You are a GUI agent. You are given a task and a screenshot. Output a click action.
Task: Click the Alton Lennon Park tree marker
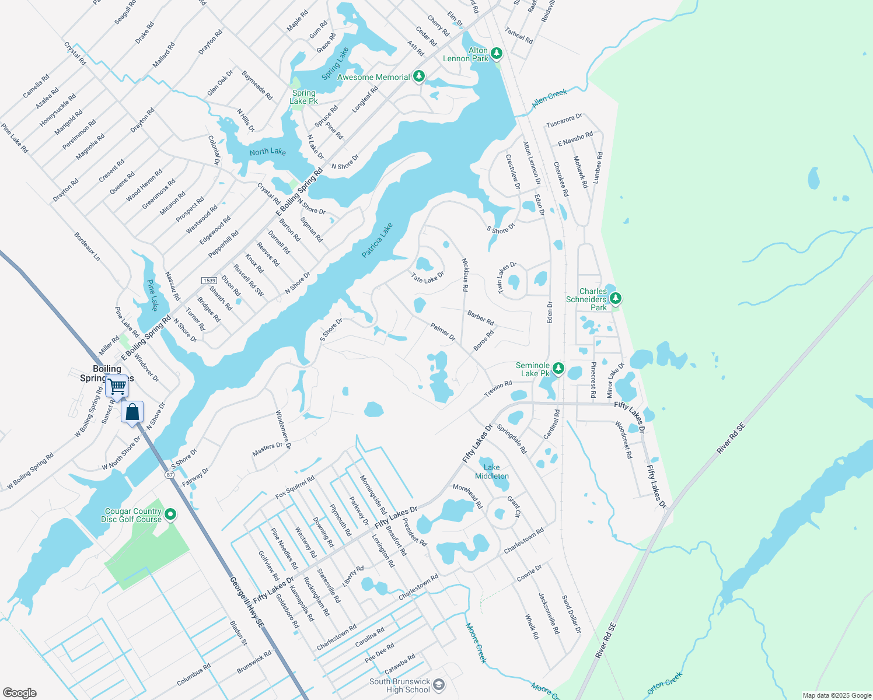(496, 54)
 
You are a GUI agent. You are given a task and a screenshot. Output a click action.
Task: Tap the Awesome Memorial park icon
(418, 76)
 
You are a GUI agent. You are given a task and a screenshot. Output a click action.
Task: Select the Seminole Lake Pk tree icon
(558, 368)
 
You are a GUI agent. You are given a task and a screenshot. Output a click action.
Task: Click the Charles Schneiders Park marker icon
(614, 299)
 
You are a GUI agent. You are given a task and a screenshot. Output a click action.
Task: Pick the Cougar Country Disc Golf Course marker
(170, 514)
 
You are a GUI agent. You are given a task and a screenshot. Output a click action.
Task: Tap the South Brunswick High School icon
(439, 685)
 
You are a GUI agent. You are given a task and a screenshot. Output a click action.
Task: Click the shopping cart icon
(117, 386)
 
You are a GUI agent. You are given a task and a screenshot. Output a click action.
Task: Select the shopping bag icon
(132, 412)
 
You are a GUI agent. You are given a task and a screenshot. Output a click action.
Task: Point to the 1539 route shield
(209, 281)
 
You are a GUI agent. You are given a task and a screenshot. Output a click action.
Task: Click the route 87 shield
(169, 475)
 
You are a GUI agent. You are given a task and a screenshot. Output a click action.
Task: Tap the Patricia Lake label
(377, 240)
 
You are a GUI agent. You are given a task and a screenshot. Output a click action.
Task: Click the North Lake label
(267, 152)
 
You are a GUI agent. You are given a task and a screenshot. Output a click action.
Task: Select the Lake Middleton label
(491, 471)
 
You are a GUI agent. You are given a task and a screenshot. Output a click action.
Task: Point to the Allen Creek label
(549, 98)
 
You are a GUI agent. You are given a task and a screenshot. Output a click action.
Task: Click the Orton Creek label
(665, 683)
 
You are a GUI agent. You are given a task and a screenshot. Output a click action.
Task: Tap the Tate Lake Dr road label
(427, 278)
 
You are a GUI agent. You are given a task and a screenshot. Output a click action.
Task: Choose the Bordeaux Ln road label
(87, 247)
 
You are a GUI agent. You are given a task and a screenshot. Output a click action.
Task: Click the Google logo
(20, 693)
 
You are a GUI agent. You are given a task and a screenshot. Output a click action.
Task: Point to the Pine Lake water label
(152, 295)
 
